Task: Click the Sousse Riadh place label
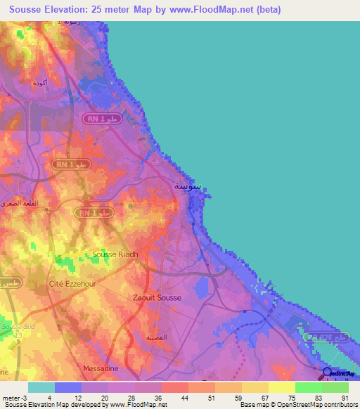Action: point(117,254)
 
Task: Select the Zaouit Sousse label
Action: point(157,297)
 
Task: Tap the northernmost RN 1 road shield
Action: point(106,119)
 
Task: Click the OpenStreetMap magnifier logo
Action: point(328,373)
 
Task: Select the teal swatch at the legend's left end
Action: point(41,387)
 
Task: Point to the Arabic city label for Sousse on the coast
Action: point(188,186)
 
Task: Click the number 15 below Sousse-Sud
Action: point(20,335)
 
